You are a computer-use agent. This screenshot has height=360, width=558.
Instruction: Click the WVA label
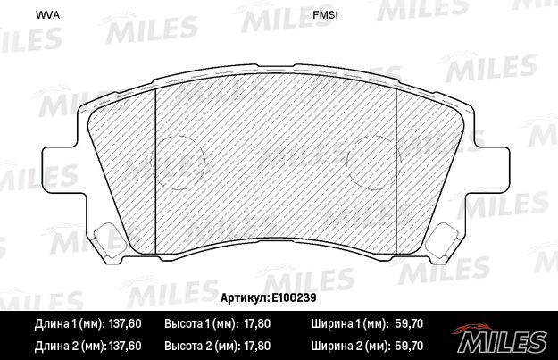47,15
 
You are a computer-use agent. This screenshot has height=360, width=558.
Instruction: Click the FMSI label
325,15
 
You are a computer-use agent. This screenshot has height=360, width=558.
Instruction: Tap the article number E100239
294,297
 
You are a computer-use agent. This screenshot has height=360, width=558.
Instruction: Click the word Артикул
245,297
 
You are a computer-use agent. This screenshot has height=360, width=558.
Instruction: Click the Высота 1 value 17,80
257,323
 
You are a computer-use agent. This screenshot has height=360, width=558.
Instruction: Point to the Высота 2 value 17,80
257,346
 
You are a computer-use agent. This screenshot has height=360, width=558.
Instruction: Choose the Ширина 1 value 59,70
409,323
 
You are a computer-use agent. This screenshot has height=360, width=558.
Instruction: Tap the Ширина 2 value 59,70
409,346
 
